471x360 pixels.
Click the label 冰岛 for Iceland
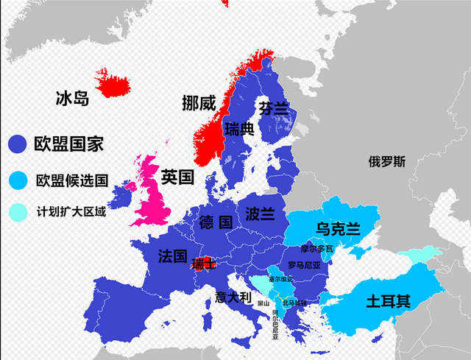coord(72,98)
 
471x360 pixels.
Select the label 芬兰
coord(273,109)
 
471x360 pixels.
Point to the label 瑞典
coord(239,130)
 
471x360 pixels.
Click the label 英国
coord(177,177)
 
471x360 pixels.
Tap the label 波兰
coord(261,213)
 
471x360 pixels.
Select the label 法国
coord(172,256)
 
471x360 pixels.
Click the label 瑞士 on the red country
coord(203,264)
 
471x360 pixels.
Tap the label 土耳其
coord(388,301)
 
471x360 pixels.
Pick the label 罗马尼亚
coord(304,265)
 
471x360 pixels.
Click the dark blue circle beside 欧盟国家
coord(16,144)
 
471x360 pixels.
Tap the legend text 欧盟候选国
coord(72,180)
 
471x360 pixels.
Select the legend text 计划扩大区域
coord(71,213)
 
